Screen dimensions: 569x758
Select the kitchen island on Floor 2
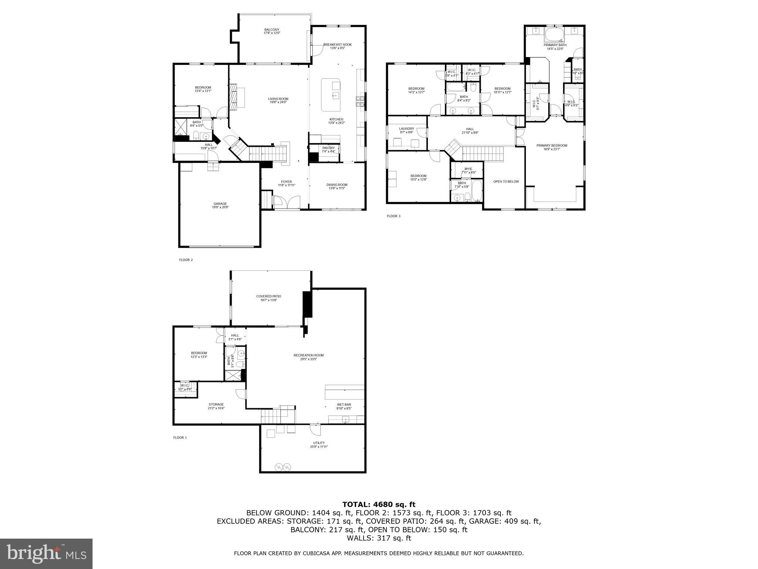331,95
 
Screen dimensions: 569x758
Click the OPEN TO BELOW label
506,182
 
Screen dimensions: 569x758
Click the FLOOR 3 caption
393,216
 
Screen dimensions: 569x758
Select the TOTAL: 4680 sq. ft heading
379,504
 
